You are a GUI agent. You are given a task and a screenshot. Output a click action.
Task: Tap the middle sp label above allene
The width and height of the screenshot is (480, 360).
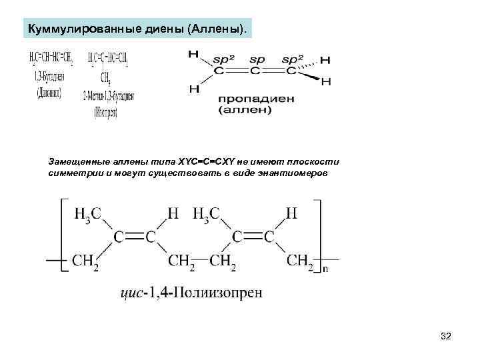tap(257, 60)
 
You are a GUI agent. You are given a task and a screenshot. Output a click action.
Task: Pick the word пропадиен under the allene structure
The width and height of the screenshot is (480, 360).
tap(255, 99)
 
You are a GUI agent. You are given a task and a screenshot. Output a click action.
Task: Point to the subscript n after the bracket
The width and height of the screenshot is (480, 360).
tap(325, 269)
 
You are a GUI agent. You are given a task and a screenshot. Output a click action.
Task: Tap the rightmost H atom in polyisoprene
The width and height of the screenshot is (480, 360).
tap(291, 213)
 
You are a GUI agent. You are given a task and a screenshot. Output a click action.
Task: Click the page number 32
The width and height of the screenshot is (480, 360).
tap(446, 337)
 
